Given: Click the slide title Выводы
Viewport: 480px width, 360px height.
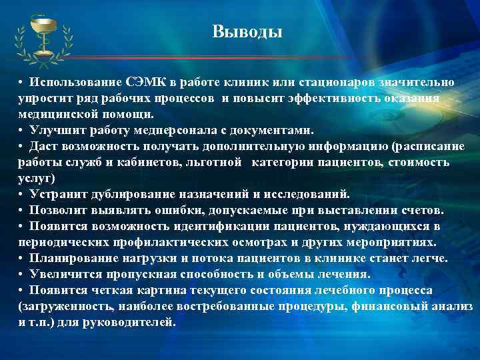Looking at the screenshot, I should point(247,31).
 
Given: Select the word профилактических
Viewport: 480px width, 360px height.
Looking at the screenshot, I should point(149,242).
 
